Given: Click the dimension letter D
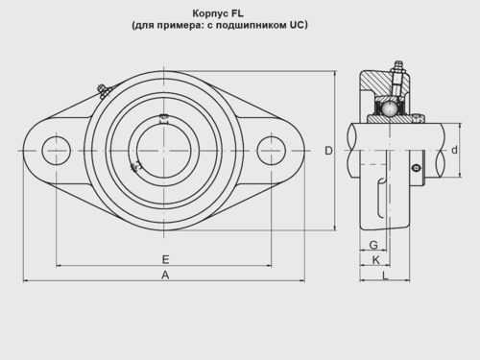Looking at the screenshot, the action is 328,151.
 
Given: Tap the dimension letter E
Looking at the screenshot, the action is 165,259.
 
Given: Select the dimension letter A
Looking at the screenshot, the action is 165,275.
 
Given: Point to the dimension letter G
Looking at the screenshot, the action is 373,245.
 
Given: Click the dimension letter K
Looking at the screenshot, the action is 376,260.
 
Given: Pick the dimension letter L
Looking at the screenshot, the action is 385,276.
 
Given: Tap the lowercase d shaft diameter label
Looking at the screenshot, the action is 454,150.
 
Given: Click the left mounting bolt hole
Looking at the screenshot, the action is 57,151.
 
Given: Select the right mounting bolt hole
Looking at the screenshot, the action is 272,151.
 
